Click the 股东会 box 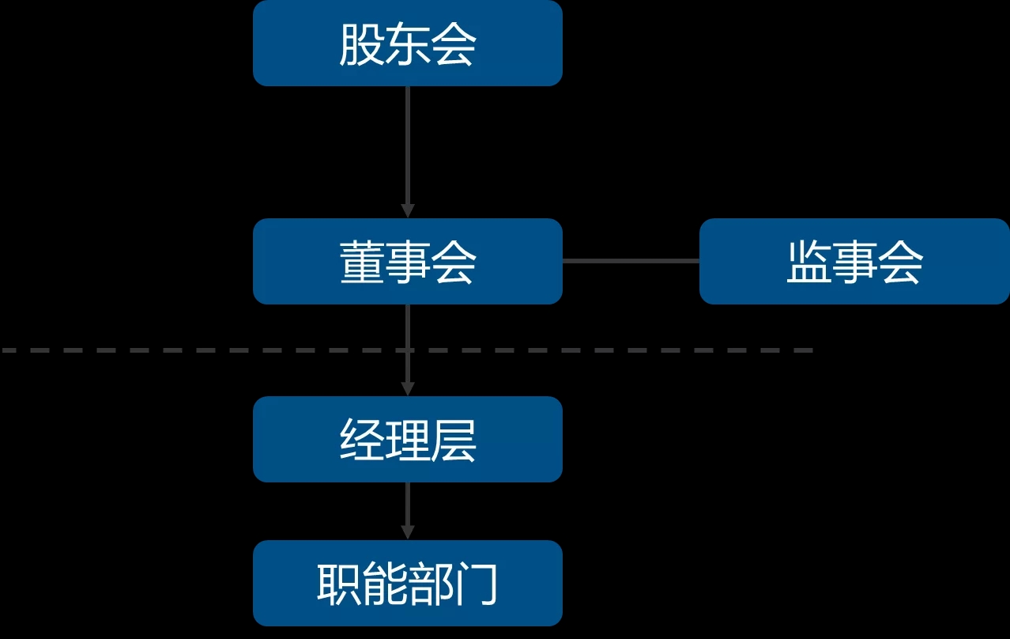coord(407,43)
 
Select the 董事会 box coord(407,262)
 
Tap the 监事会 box coord(854,262)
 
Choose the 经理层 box coord(407,440)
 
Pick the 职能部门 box coord(407,584)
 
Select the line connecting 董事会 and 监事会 coord(631,260)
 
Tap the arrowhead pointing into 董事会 coord(407,211)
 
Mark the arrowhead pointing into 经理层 coord(407,389)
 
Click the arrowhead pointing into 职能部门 coord(407,533)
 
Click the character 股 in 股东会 coord(361,45)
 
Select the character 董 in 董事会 coord(361,263)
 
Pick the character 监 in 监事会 coord(808,263)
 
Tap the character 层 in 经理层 coord(454,440)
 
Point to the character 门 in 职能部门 coord(476,584)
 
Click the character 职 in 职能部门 coord(339,584)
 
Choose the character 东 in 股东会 coord(407,45)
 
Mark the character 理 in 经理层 coord(407,440)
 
